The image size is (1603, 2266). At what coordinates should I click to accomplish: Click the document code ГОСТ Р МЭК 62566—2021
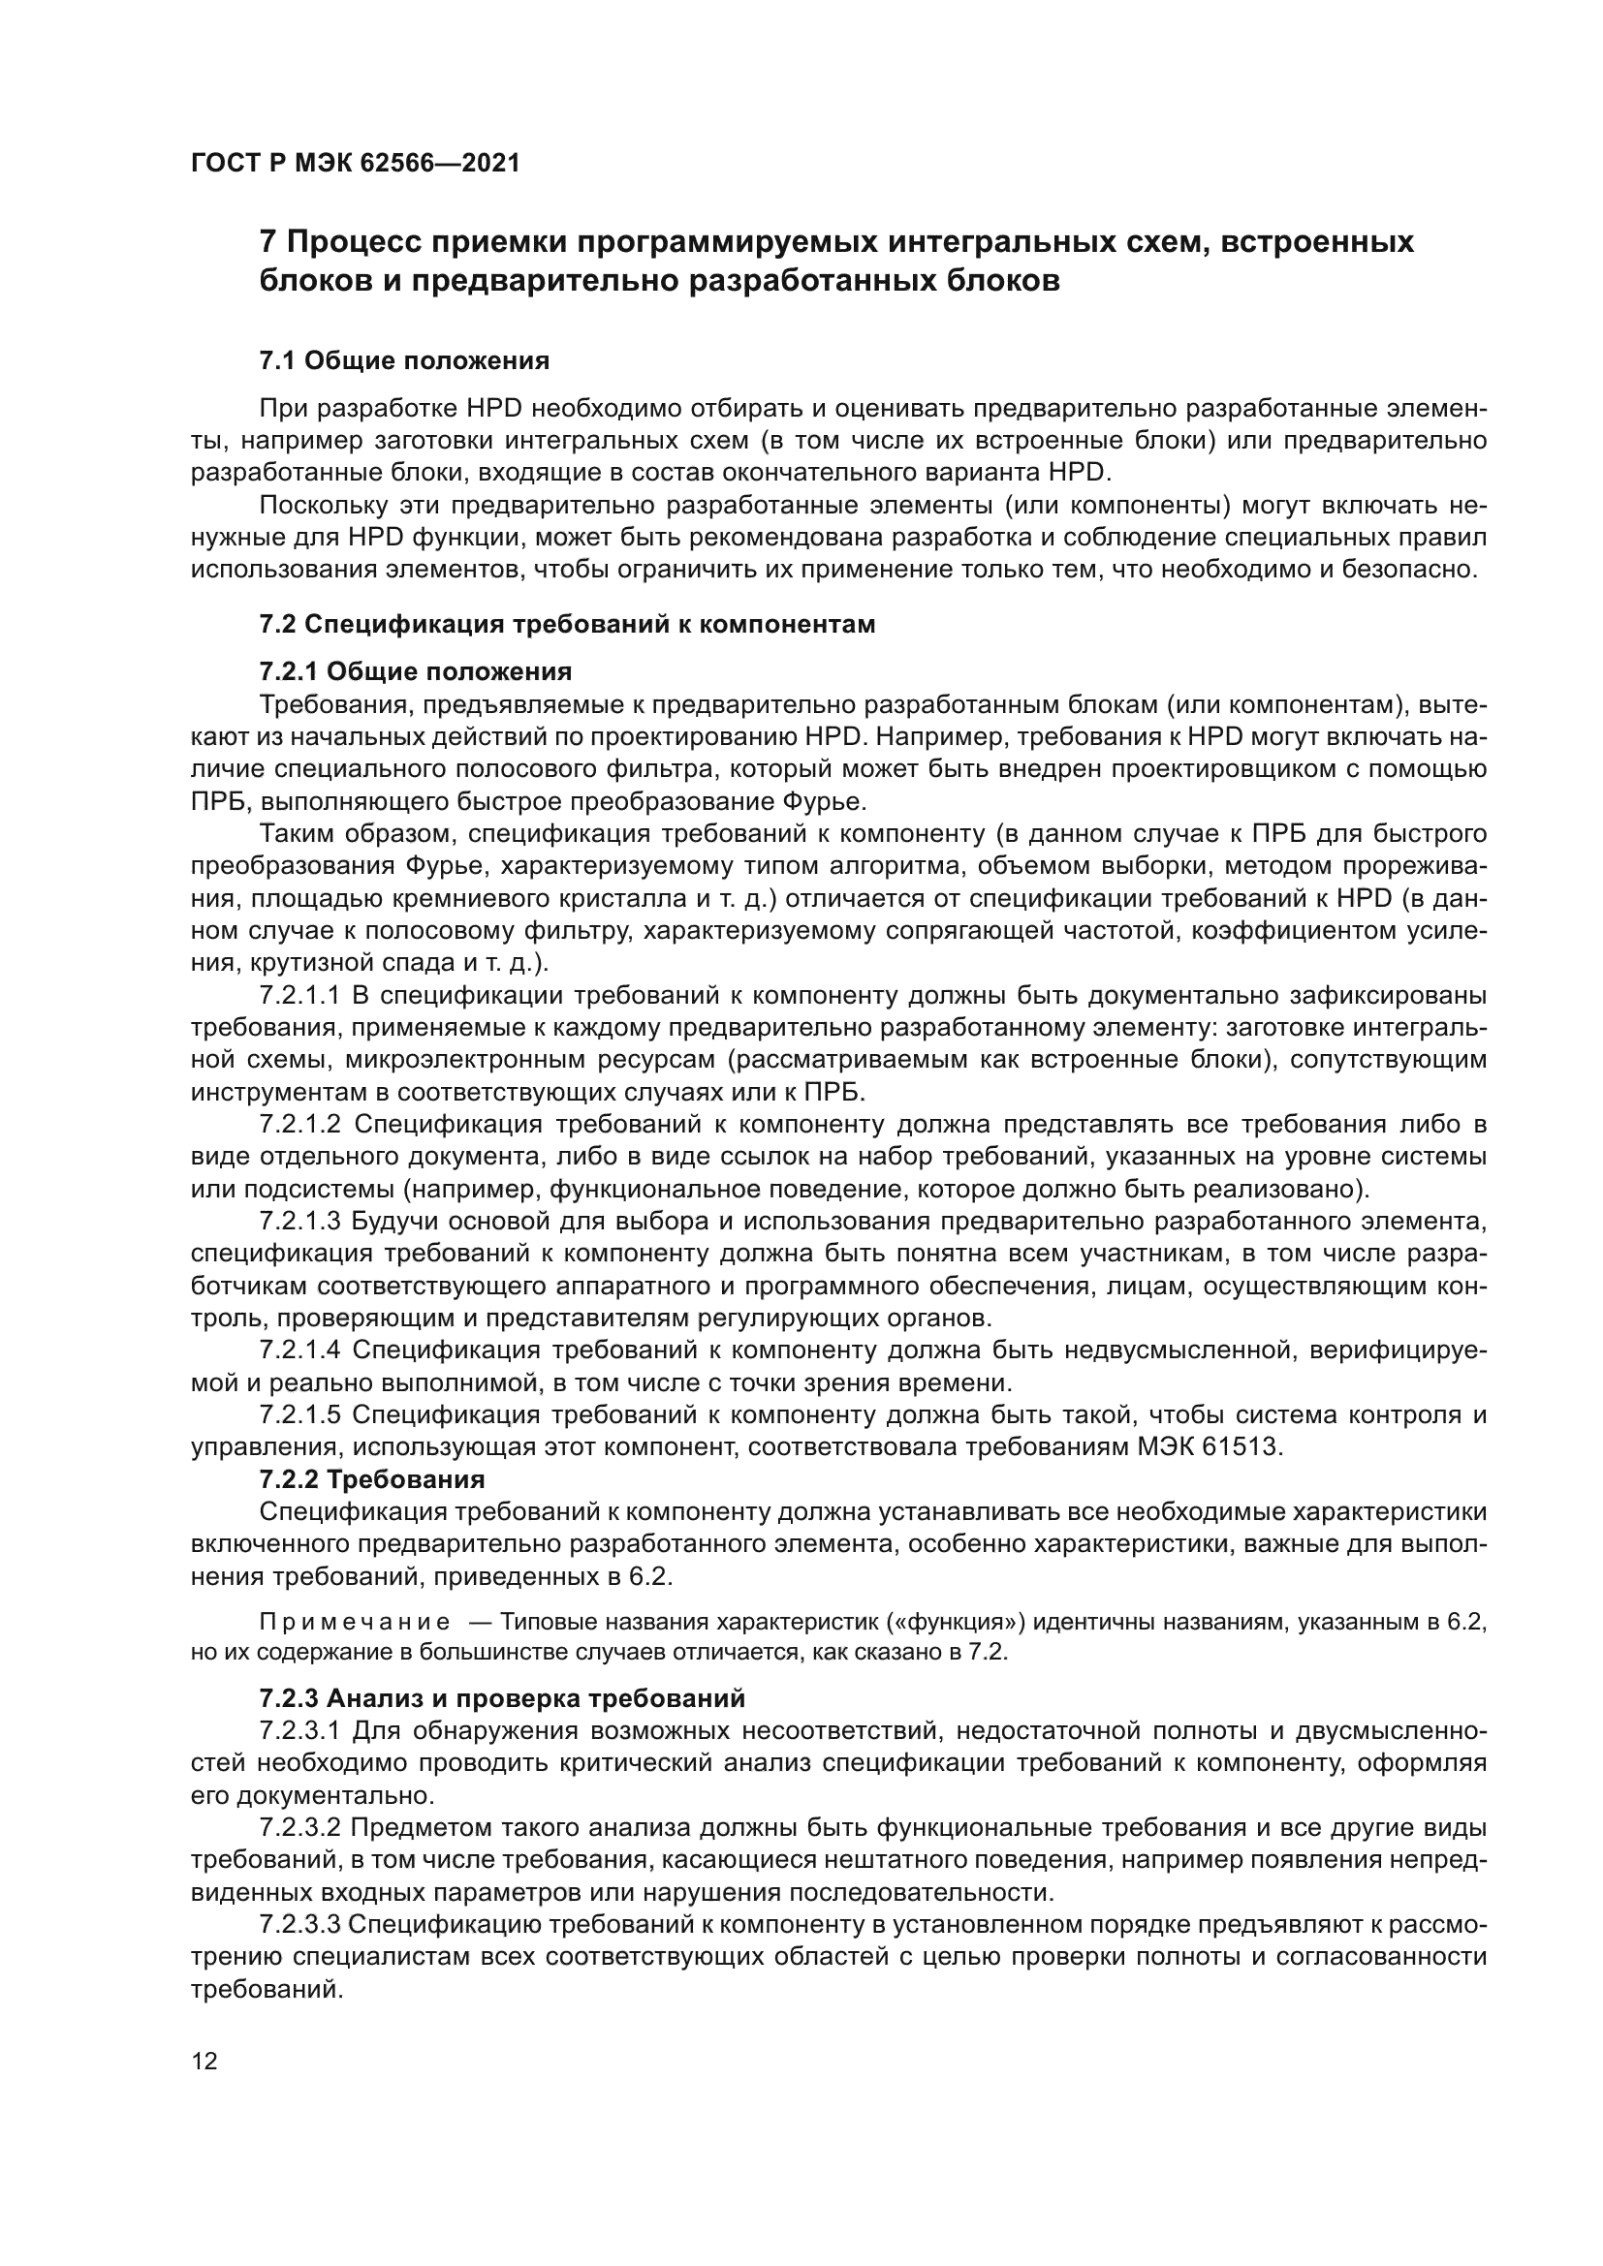pos(356,163)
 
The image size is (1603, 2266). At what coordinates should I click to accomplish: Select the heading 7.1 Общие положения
pos(405,360)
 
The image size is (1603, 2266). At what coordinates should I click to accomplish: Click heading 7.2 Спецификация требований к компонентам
pos(568,625)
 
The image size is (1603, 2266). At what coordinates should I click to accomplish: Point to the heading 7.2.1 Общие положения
pos(416,672)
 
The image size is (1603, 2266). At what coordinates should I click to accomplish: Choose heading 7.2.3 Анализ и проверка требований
pos(502,1698)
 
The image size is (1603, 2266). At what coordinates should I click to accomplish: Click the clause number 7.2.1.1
pos(299,996)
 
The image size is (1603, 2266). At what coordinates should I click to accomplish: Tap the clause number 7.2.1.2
pos(300,1125)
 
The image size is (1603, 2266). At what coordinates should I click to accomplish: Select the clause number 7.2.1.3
pos(300,1221)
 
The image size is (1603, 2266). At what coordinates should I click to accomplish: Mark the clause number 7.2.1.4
pos(300,1350)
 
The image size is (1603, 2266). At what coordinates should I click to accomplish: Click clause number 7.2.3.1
pos(300,1731)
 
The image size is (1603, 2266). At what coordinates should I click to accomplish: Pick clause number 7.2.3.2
pos(300,1828)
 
